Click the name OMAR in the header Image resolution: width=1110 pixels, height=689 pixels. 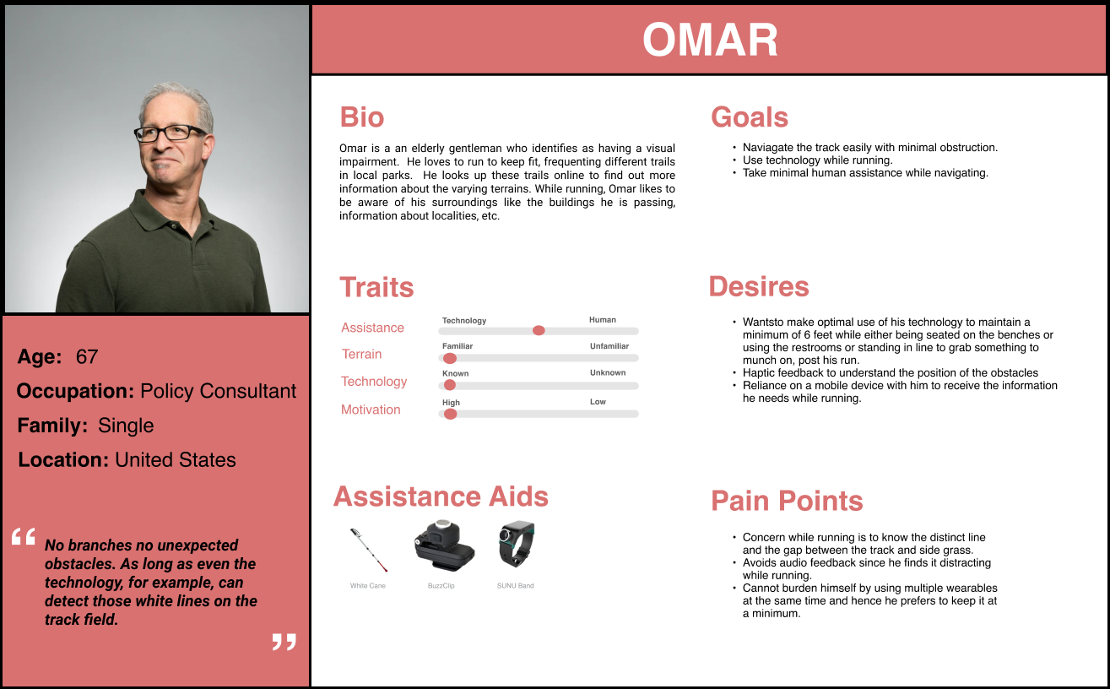point(710,40)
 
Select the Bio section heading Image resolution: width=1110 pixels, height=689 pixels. point(361,117)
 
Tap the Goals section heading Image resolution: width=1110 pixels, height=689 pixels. point(749,117)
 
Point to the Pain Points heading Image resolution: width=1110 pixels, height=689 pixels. point(787,501)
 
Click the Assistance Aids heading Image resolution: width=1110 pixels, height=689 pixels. point(441,496)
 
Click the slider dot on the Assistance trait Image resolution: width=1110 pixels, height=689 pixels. point(539,330)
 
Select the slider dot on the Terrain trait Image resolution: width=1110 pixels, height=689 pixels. point(450,358)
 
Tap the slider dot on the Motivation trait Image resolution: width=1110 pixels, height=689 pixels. point(451,414)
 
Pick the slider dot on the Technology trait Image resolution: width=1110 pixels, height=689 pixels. point(450,385)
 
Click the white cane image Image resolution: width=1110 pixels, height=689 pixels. point(368,550)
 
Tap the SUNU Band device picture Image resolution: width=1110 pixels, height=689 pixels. point(515,543)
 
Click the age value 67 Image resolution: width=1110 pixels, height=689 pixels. point(87,357)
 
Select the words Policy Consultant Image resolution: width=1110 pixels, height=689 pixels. point(218,392)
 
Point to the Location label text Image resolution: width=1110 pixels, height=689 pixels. point(62,460)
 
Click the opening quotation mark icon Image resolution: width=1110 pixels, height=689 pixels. point(24,537)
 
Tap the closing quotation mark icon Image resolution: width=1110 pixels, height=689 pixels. point(284,643)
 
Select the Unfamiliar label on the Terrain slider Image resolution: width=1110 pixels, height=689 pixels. point(609,346)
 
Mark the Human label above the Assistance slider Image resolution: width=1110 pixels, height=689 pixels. point(602,320)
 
